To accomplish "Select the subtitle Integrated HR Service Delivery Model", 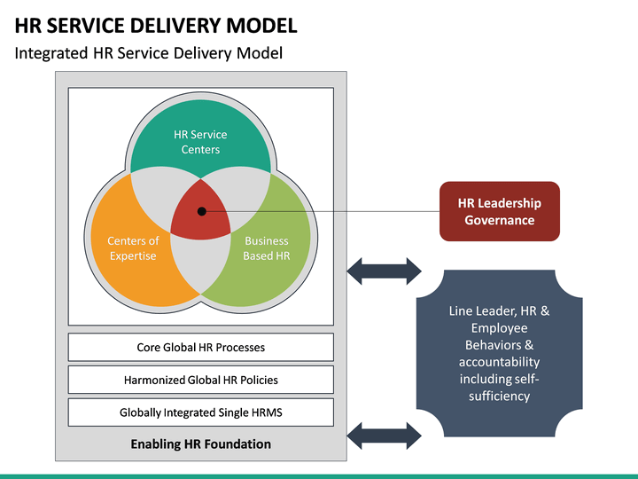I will (149, 53).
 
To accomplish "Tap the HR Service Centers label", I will (200, 142).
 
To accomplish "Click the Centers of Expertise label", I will (133, 248).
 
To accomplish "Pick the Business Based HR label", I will (266, 248).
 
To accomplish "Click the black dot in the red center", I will (202, 212).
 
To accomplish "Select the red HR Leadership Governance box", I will (499, 211).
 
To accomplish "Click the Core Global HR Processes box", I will (200, 348).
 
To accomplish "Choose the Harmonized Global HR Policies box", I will (200, 380).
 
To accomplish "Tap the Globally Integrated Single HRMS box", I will (200, 412).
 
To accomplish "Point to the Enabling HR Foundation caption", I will (200, 444).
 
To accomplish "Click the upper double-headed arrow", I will (384, 271).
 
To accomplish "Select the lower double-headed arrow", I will (384, 435).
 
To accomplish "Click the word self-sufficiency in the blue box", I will (499, 388).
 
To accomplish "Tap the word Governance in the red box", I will (499, 220).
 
